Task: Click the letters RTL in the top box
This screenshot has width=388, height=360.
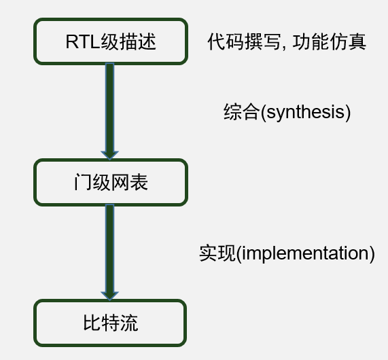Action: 83,41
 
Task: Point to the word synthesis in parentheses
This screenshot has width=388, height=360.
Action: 306,112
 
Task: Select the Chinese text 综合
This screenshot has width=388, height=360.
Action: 241,112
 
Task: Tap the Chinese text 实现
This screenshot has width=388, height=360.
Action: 217,253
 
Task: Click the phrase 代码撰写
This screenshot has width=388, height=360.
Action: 244,41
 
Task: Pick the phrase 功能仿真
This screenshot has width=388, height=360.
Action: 329,41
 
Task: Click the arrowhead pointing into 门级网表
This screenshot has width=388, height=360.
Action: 109,155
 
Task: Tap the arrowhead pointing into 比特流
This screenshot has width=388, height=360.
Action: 109,296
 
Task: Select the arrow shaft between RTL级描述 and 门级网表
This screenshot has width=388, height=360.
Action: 109,107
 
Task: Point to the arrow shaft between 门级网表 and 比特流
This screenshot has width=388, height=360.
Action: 109,248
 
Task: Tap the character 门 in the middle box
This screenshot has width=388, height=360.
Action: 83,182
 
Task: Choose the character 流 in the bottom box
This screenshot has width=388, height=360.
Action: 129,323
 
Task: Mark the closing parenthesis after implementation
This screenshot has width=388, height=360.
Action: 372,253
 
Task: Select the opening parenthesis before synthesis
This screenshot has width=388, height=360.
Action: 263,113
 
